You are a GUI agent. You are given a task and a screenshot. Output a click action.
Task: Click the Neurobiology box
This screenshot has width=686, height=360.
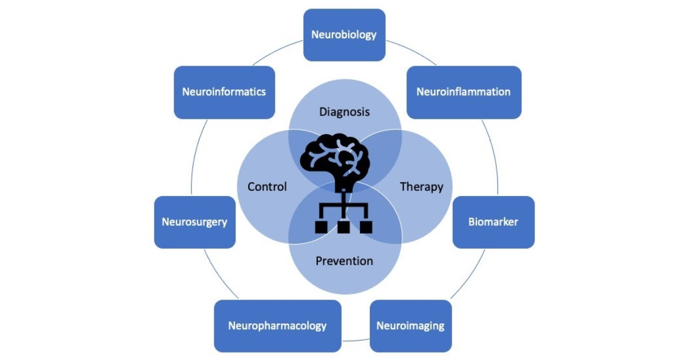tap(344, 35)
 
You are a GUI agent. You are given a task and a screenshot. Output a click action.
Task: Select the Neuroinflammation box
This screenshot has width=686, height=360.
tap(464, 92)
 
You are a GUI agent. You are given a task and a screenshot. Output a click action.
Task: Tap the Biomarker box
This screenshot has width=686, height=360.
tap(493, 222)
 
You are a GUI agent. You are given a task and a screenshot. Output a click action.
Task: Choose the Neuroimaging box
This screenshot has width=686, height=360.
tap(410, 326)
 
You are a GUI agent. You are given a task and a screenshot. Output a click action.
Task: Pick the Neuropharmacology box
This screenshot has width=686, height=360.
tap(277, 326)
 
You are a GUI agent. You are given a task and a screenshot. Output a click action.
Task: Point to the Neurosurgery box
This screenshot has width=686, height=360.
tap(194, 222)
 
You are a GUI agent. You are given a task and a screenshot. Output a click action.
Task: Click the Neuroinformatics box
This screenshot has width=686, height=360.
tap(224, 92)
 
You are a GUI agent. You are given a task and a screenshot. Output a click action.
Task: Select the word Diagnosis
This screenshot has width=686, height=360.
tap(344, 111)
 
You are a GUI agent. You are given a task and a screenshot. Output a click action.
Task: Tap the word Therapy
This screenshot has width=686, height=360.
tap(421, 187)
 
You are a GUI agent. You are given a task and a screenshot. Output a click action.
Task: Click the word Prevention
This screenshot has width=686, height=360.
tap(344, 261)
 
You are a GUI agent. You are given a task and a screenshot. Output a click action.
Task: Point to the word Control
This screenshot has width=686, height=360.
tap(267, 187)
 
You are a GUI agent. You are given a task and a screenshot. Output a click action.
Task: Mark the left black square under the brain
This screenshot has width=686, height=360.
tap(322, 227)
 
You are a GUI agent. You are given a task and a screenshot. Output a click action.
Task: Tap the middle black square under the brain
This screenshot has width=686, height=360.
tap(344, 227)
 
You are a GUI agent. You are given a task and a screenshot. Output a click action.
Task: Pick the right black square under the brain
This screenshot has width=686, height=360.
tap(365, 227)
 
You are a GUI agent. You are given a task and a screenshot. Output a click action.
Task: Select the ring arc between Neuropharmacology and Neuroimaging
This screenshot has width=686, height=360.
tap(356, 341)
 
